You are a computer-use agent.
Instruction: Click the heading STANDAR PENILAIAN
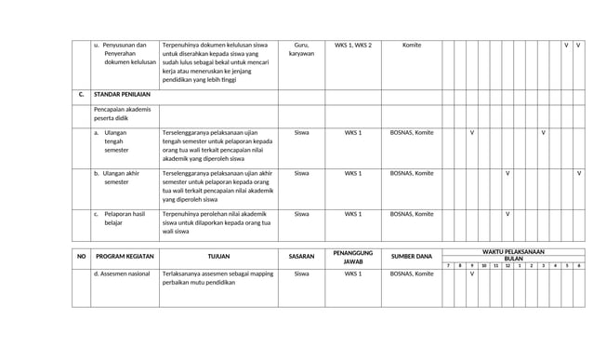point(122,95)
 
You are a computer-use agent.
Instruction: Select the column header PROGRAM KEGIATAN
point(125,257)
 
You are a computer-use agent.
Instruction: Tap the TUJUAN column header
point(218,257)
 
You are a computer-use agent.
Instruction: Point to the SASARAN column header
point(301,257)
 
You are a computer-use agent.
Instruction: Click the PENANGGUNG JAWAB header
point(353,257)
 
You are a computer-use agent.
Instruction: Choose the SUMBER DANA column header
point(412,257)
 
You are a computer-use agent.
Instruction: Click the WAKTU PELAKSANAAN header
point(513,251)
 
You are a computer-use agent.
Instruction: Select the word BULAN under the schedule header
point(513,258)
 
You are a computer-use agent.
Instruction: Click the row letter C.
point(81,95)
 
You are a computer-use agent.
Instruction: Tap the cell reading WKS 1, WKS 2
point(353,45)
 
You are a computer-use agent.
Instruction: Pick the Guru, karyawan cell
point(301,49)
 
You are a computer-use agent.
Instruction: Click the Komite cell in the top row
point(412,45)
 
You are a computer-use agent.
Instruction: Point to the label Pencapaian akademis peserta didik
point(122,113)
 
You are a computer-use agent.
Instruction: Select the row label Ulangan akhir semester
point(121,178)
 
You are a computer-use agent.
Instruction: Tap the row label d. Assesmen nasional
point(122,273)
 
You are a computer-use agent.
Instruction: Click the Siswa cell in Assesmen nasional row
point(301,273)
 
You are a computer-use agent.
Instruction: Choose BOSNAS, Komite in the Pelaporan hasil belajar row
point(412,214)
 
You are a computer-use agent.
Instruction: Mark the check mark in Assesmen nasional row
point(472,273)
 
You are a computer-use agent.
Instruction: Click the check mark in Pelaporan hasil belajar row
point(507,214)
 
